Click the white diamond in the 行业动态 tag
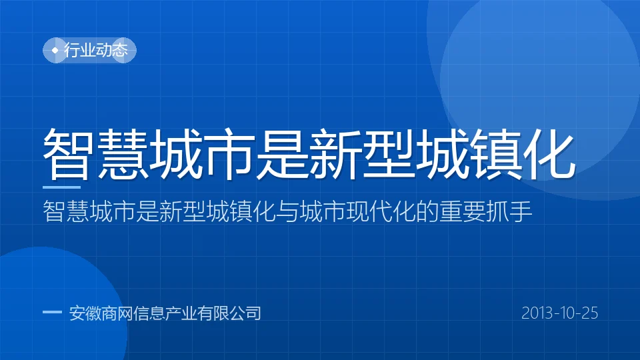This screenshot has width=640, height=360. point(55,50)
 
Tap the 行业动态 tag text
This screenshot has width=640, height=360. point(96,50)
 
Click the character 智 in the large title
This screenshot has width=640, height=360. point(67,154)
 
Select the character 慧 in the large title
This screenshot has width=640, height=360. point(123,154)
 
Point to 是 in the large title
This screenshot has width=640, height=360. point(281,154)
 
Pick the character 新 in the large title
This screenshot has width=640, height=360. point(335,154)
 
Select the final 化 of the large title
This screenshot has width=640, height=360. point(549,154)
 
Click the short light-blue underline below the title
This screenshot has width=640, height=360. point(61,187)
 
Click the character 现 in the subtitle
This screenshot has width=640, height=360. point(357,211)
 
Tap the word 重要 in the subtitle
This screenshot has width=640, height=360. point(462,211)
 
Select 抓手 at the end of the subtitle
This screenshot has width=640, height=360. point(509,211)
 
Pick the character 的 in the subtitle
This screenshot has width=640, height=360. point(427,211)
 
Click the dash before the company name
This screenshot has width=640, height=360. point(52,313)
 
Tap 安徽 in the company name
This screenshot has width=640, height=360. point(85,313)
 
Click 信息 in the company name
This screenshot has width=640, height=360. point(149,313)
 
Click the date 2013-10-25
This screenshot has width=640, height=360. point(559,313)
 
